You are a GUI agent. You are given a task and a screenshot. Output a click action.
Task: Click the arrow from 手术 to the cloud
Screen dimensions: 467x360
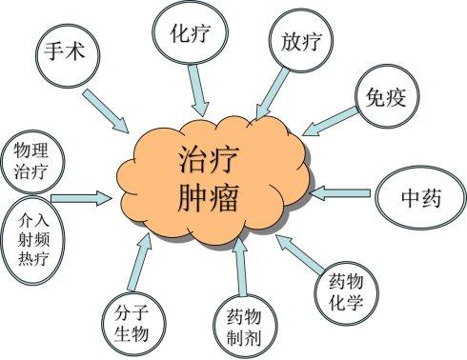(x=106, y=110)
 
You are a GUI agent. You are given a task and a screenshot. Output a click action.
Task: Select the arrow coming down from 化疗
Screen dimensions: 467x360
(x=197, y=90)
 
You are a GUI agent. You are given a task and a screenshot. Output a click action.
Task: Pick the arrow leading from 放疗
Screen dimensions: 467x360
(x=273, y=93)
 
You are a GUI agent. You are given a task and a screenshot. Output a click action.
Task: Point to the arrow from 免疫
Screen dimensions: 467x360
(x=331, y=122)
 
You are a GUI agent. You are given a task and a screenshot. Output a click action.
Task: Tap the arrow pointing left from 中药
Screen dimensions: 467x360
(x=339, y=193)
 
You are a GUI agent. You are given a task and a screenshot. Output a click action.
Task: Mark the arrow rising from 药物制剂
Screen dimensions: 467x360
(x=240, y=267)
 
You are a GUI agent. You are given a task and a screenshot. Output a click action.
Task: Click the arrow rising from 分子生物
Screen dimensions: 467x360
(x=140, y=262)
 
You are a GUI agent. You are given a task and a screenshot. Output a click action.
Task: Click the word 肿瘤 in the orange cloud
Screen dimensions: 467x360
(x=208, y=196)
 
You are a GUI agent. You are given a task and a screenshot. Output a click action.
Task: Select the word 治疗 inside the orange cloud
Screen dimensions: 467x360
(x=208, y=159)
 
